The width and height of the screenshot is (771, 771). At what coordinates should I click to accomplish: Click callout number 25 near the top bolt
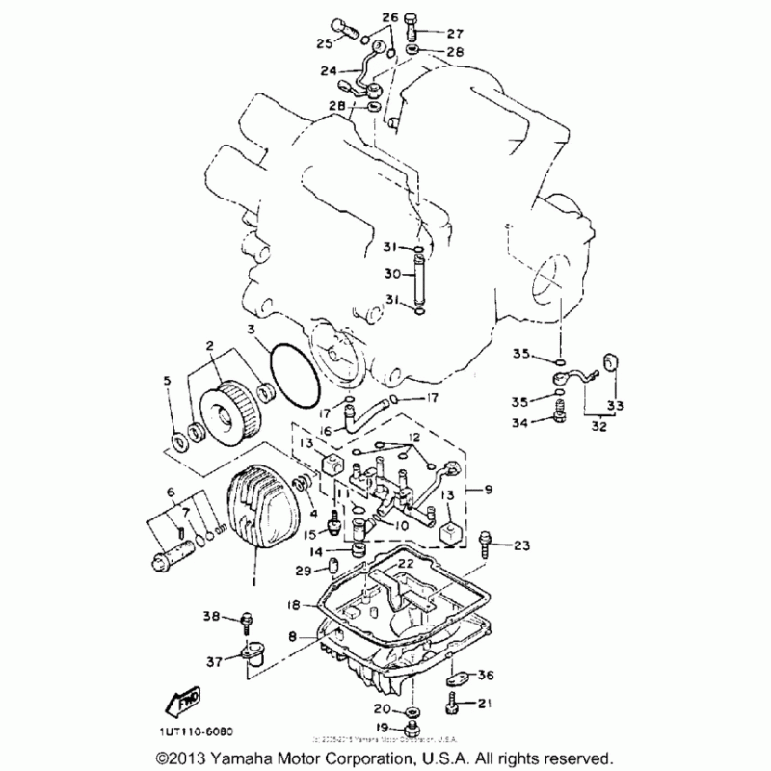(324, 42)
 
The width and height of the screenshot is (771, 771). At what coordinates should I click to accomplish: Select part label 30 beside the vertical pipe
(392, 273)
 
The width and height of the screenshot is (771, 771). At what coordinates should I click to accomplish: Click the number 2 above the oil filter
(208, 344)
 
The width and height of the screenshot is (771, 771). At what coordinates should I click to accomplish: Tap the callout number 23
(521, 545)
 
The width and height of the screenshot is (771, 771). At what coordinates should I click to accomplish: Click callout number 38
(211, 615)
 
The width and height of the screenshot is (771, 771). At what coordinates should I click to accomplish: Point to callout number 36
(485, 674)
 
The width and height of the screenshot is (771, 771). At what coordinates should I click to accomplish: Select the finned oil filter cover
(259, 520)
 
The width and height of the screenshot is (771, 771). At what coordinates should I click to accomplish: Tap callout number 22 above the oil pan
(406, 563)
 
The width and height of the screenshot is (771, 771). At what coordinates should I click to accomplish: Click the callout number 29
(303, 571)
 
